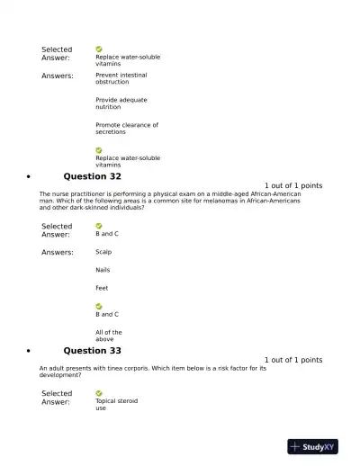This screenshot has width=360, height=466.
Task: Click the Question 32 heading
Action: click(x=92, y=176)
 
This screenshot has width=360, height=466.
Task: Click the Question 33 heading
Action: click(x=92, y=350)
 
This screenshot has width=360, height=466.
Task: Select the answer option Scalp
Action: click(x=103, y=252)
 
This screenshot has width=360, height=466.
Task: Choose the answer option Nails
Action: click(x=103, y=270)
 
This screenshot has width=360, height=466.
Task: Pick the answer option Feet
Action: click(x=102, y=288)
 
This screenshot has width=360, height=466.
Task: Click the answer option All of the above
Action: click(x=108, y=336)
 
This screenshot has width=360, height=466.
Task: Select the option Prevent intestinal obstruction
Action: click(x=121, y=78)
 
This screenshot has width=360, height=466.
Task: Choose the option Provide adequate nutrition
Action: click(x=121, y=103)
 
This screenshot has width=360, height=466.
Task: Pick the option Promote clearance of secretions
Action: click(x=126, y=129)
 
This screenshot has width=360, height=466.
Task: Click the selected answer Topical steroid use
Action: click(x=116, y=404)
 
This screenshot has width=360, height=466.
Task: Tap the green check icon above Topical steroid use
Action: click(x=99, y=393)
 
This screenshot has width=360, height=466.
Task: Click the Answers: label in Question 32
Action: click(x=58, y=253)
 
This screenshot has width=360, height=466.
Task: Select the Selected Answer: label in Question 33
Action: click(x=57, y=398)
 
